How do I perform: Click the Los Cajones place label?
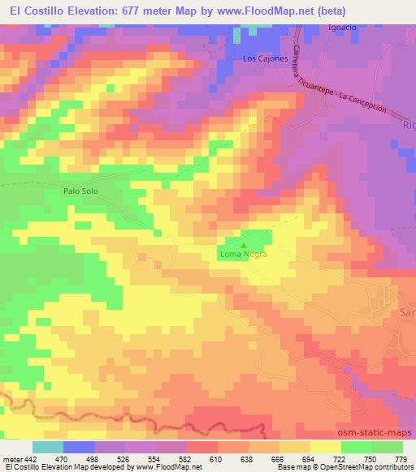(265, 58)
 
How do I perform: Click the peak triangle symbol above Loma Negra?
(242, 243)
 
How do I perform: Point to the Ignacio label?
(342, 28)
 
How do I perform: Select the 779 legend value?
(400, 460)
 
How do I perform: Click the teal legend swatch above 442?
(47, 447)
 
